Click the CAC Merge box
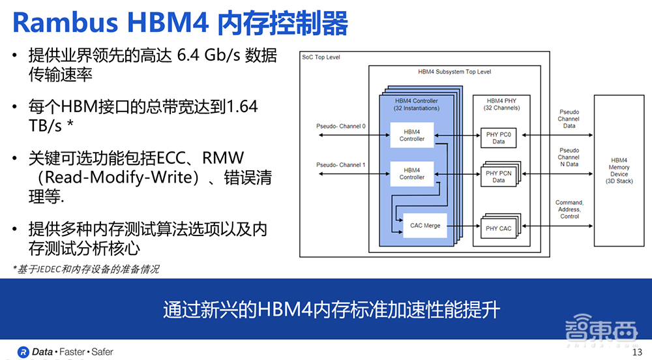(424, 226)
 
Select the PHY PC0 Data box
(498, 138)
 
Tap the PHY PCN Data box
(498, 177)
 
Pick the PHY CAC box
(498, 228)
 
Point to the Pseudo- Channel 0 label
(341, 126)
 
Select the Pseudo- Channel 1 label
(341, 165)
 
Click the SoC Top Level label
(321, 57)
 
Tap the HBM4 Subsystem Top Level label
(454, 72)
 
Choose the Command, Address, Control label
(569, 209)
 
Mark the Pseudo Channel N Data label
(569, 157)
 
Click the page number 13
(637, 353)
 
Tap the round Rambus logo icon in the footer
(23, 352)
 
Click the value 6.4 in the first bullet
(188, 56)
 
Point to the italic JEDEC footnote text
(86, 269)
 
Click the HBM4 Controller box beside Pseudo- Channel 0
(411, 135)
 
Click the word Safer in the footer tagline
(102, 352)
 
